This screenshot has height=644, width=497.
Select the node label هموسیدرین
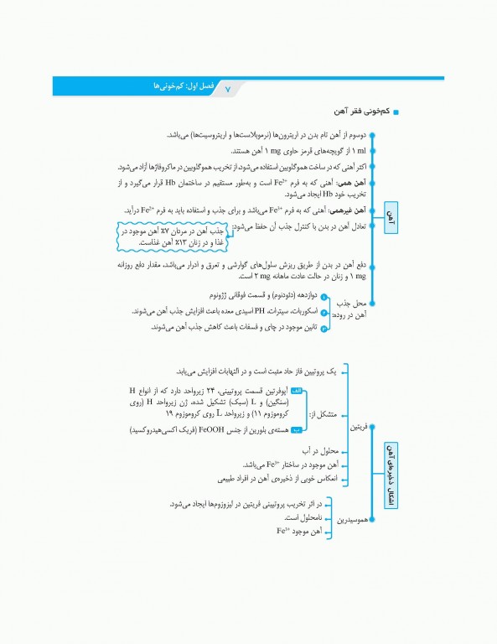pyautogui.click(x=354, y=519)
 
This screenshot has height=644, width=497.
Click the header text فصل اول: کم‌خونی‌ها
pyautogui.click(x=177, y=86)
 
